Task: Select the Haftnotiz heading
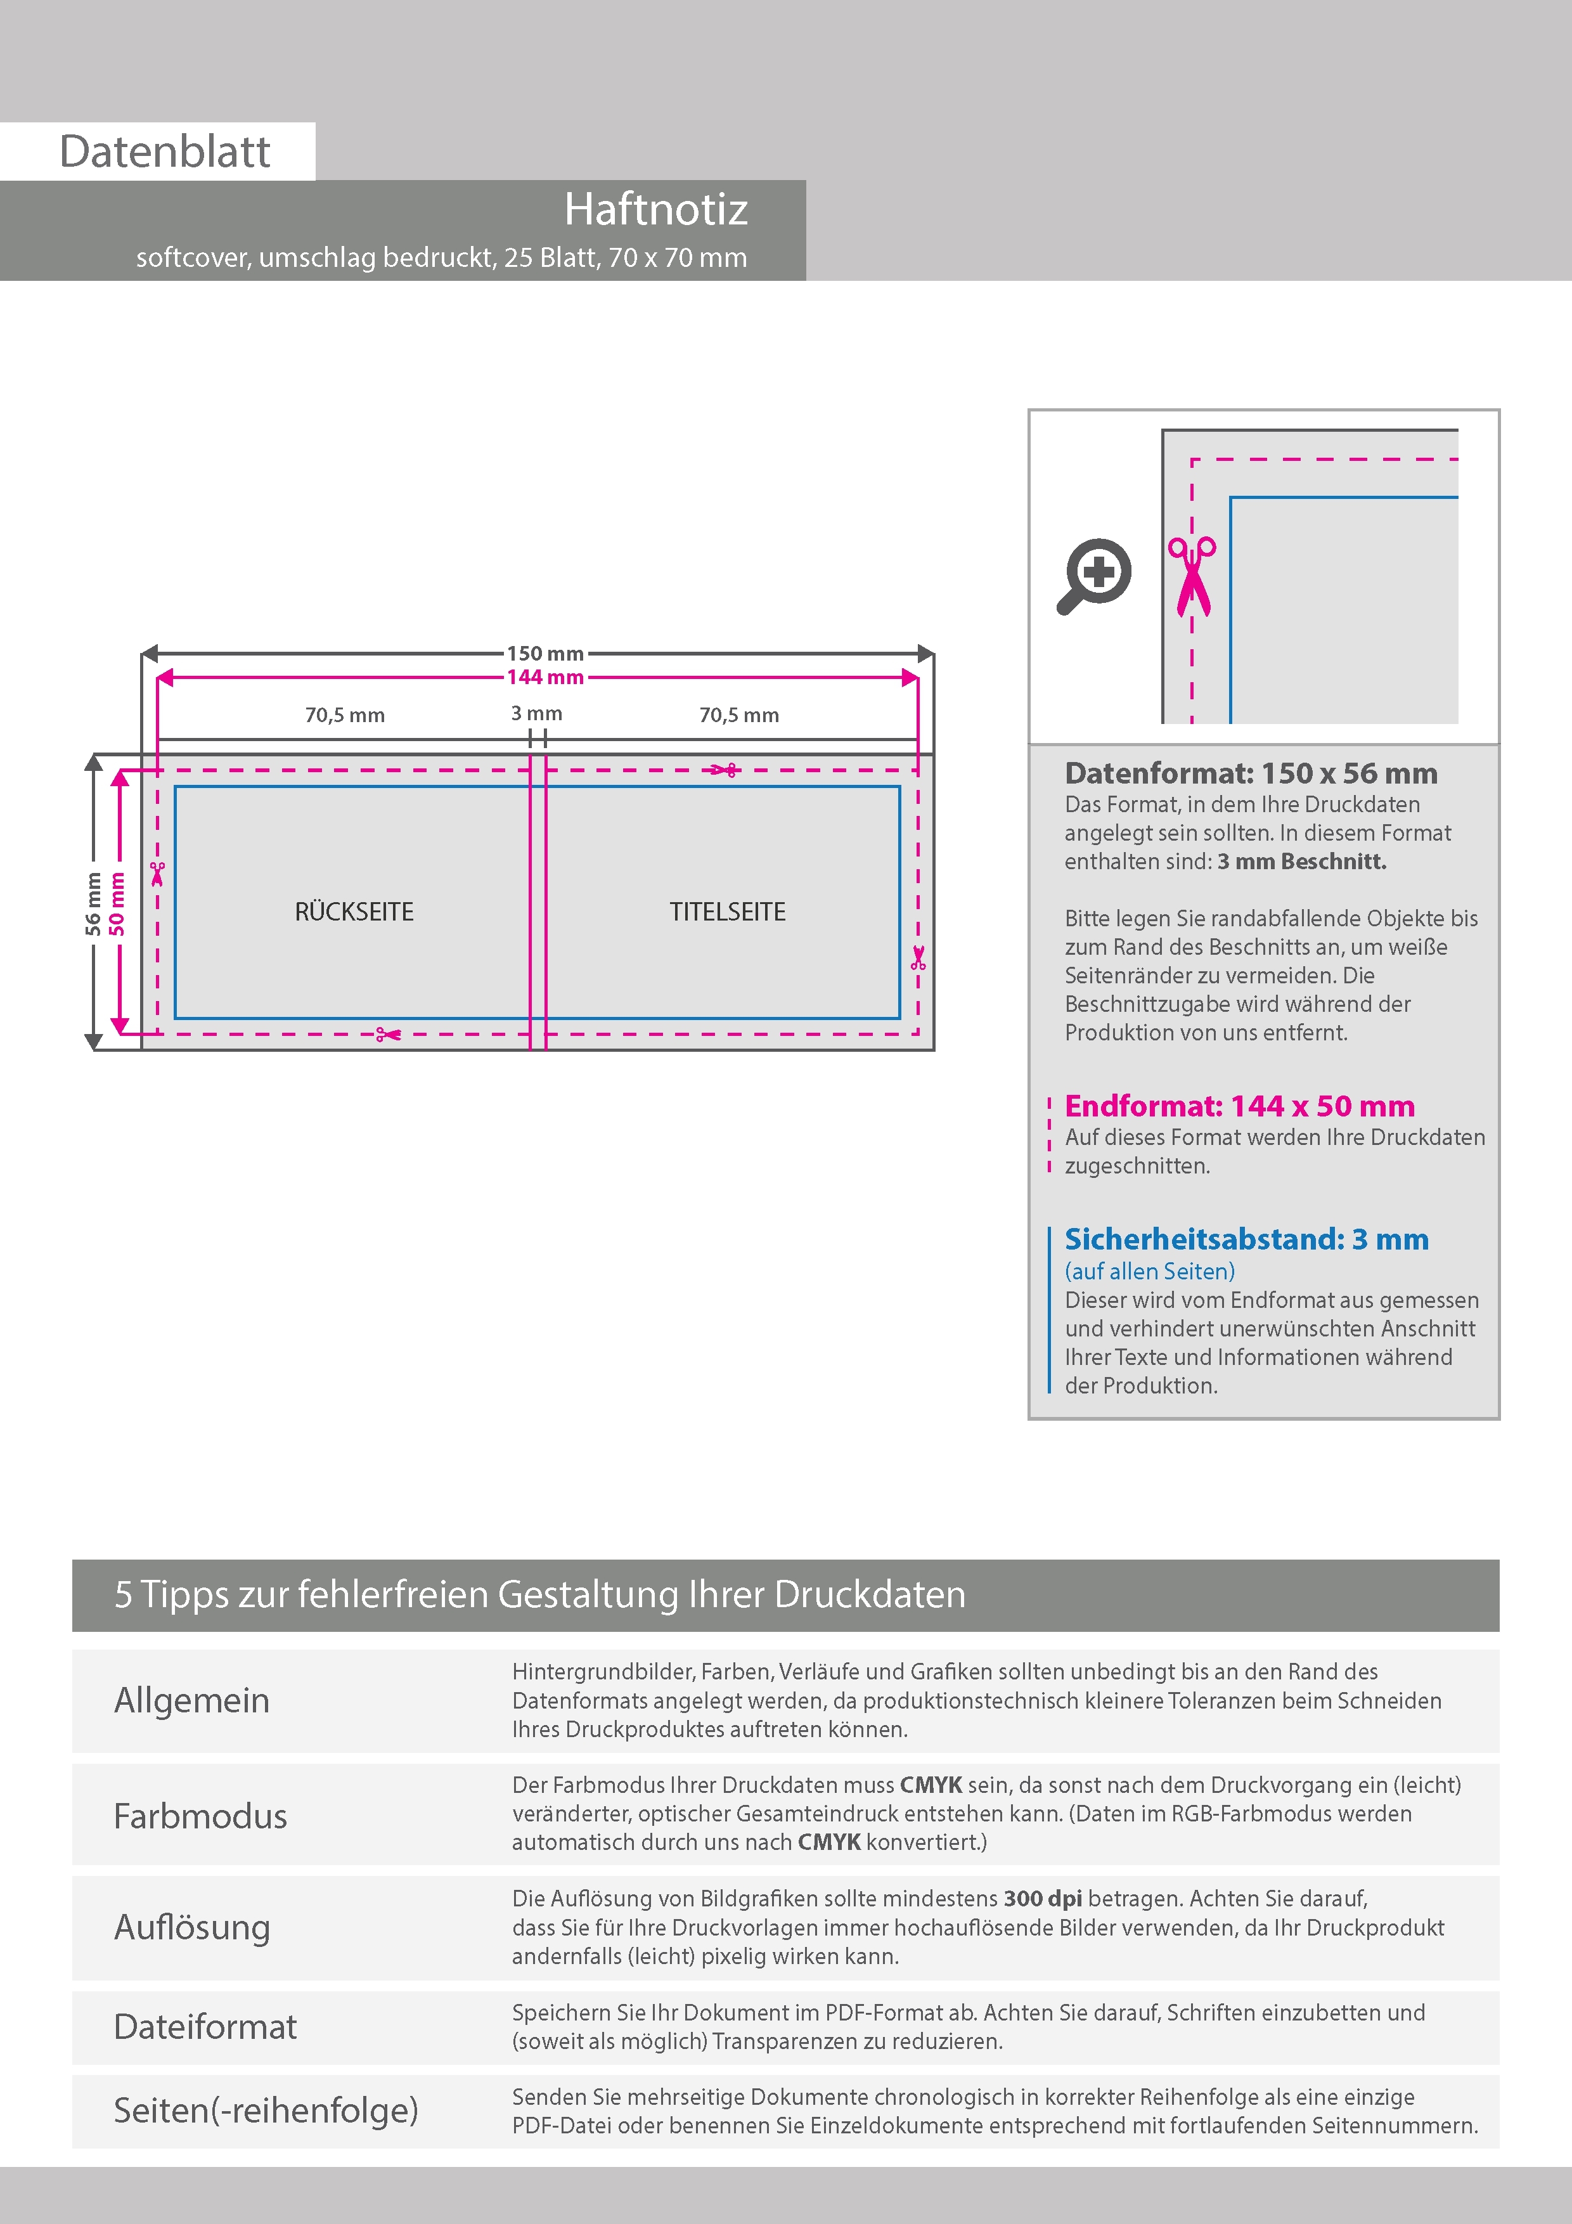coord(655,209)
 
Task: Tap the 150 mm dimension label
coord(545,654)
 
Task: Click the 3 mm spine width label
coord(537,714)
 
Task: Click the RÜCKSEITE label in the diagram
coord(354,912)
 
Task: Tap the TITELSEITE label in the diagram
coord(728,912)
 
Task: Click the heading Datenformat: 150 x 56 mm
coord(1251,773)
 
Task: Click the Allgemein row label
coord(192,1700)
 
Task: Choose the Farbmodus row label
coord(200,1815)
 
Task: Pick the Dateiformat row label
coord(205,2026)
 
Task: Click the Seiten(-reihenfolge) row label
coord(266,2110)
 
